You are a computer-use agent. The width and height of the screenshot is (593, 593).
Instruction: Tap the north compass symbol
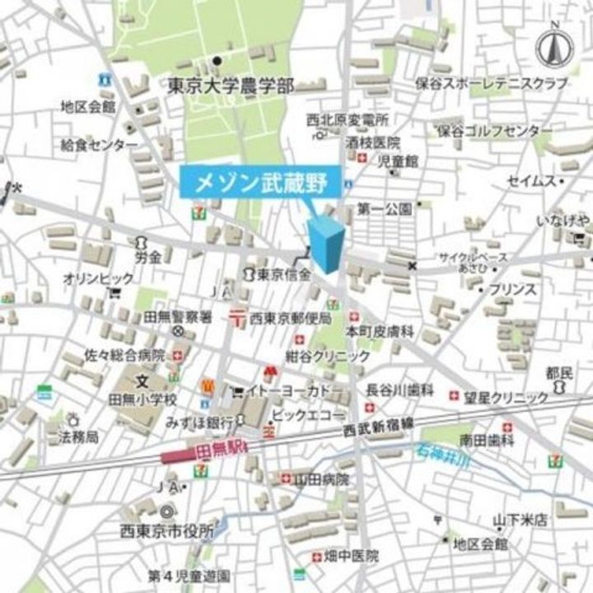click(555, 48)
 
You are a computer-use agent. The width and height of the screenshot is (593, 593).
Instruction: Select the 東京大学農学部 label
click(230, 84)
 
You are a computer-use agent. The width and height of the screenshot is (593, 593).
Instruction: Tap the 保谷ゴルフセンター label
click(495, 131)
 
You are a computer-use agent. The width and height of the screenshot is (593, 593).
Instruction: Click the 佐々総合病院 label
click(125, 356)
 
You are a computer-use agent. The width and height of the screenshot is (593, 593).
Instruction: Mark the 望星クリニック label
click(505, 397)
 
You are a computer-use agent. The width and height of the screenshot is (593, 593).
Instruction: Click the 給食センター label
click(99, 144)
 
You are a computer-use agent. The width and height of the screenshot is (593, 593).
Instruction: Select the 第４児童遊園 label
click(189, 573)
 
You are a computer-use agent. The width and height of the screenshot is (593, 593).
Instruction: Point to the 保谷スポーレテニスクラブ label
click(503, 84)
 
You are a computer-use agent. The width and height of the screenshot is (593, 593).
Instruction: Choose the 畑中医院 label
click(350, 556)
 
